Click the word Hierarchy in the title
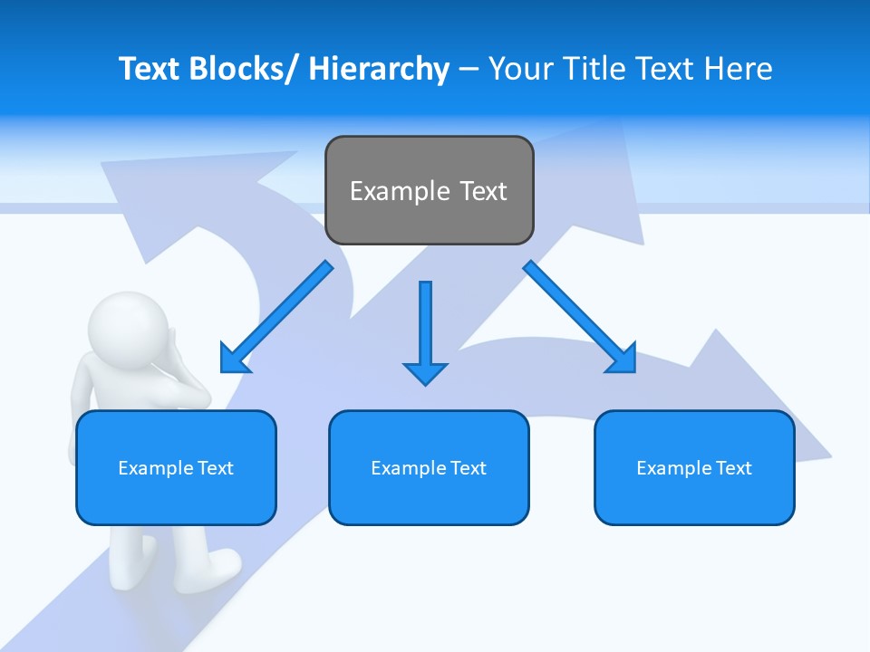point(379,69)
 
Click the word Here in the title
point(739,69)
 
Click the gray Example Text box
point(429,190)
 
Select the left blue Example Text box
point(176,467)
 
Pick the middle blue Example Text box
point(429,467)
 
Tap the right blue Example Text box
point(694,467)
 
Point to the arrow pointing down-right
point(581,318)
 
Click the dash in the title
point(469,70)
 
